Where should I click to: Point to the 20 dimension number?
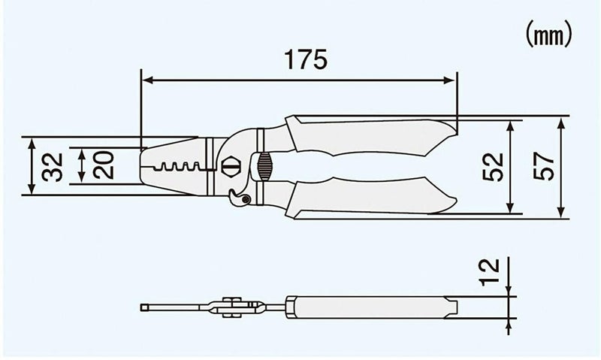104,165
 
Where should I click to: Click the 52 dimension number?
491,167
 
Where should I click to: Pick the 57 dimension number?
542,167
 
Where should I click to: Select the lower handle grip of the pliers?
368,198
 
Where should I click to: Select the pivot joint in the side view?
233,307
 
